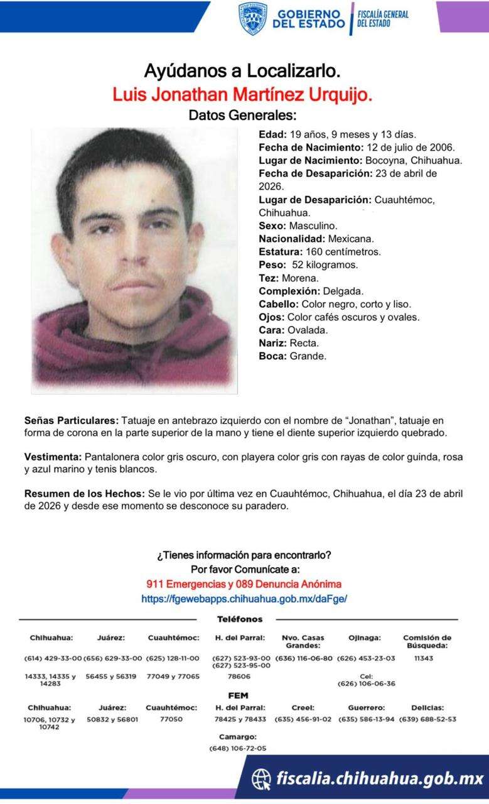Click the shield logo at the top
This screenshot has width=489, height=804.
252,18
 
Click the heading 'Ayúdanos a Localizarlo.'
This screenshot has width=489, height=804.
242,71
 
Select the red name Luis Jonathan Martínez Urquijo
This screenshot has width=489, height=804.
242,95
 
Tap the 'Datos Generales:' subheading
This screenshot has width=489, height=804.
242,116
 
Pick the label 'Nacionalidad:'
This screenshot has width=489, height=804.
291,239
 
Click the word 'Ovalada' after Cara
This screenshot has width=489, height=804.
308,330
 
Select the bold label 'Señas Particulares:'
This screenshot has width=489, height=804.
71,420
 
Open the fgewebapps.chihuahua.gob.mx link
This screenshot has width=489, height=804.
244,599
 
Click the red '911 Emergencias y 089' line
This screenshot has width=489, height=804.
244,584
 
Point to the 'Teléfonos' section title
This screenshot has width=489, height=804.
239,619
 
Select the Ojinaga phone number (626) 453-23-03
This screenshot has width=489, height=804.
366,658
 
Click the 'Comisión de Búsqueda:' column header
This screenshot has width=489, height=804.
427,641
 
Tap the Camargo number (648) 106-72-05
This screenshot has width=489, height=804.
237,748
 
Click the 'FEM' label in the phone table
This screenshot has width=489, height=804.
239,695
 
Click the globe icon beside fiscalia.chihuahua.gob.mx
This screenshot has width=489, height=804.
261,779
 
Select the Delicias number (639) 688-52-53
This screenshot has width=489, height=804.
427,719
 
